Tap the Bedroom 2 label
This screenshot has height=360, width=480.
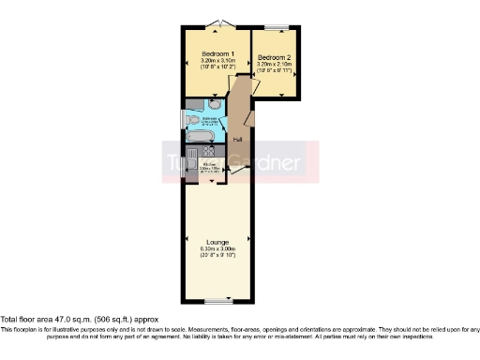coord(276,57)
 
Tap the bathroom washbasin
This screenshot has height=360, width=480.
coord(214,108)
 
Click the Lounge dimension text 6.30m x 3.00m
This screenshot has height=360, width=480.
coord(217,248)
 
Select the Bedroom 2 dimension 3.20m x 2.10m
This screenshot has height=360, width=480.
coord(276,65)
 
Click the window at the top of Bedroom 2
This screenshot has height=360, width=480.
coord(277,25)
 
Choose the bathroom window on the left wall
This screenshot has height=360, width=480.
coord(182,120)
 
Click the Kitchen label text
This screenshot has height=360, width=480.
coord(211,165)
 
